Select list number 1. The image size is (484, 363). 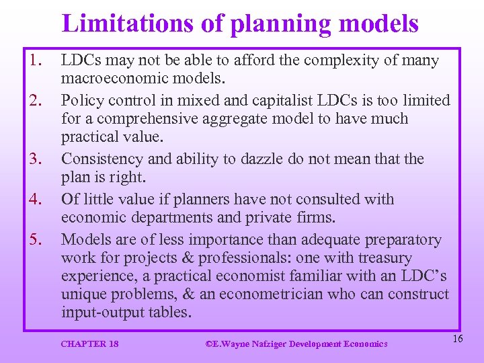(x=36, y=61)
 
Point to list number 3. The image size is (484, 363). (x=36, y=159)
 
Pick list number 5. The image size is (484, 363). (x=36, y=240)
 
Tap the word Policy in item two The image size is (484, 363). (x=81, y=101)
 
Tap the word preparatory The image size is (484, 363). (x=403, y=240)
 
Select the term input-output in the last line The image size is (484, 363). (x=100, y=313)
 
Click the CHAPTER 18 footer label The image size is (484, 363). (x=89, y=344)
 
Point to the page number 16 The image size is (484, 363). (x=457, y=339)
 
